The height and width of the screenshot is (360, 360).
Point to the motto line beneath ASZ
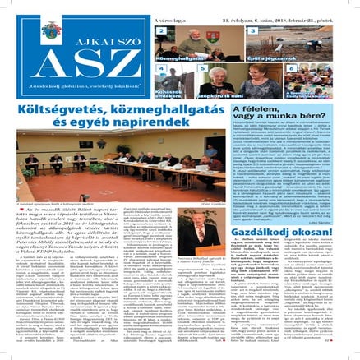[x=84, y=89]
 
